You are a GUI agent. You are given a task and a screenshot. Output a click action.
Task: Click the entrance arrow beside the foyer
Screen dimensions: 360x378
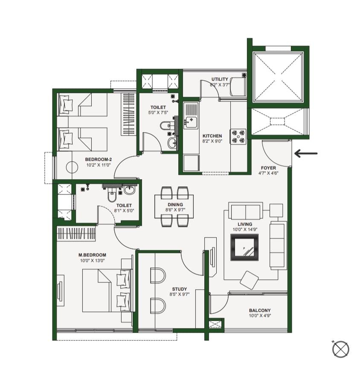click(x=306, y=153)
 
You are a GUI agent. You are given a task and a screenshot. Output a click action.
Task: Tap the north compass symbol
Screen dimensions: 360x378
click(x=340, y=349)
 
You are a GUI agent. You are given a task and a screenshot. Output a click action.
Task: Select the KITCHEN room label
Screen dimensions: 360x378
click(x=212, y=136)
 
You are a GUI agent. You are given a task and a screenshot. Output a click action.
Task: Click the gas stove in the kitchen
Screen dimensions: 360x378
click(x=238, y=137)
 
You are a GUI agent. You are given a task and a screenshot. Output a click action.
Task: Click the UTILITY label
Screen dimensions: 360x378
click(x=220, y=79)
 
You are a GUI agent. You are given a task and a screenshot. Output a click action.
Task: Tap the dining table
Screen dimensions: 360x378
click(x=174, y=206)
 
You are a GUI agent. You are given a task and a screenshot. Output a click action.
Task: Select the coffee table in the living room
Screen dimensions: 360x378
click(x=244, y=247)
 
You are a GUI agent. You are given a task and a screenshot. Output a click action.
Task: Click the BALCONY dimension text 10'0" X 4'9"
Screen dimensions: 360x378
click(x=260, y=316)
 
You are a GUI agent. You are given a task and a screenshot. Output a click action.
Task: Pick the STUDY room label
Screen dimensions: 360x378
click(x=180, y=289)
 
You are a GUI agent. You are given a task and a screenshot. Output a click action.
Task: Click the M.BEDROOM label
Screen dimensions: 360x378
click(x=92, y=255)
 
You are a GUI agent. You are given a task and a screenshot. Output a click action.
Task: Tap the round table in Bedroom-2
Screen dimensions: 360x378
click(x=72, y=167)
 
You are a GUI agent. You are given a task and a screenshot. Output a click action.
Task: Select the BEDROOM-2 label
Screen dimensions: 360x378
click(x=98, y=160)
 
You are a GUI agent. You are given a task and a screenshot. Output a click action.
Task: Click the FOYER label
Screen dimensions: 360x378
click(x=268, y=168)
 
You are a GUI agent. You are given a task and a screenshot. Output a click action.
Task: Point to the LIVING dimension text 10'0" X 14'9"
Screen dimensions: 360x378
click(x=245, y=230)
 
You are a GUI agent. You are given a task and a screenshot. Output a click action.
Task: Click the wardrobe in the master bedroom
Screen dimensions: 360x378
click(x=76, y=234)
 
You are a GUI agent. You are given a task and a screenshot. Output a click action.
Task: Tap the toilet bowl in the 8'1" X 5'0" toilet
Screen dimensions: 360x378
click(x=112, y=195)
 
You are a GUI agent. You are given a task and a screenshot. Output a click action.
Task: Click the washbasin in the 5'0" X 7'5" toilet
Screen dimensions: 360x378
click(x=172, y=143)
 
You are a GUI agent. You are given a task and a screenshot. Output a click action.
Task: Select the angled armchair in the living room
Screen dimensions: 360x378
click(x=250, y=280)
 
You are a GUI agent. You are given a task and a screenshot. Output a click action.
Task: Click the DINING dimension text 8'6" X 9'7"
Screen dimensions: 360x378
click(x=175, y=210)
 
